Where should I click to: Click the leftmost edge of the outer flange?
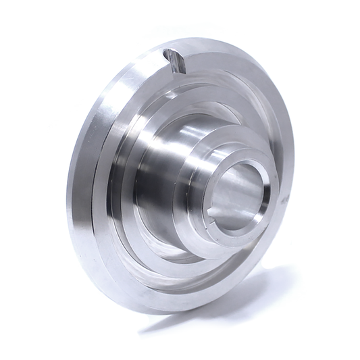coord(67,203)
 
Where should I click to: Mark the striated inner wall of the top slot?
coord(177,63)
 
